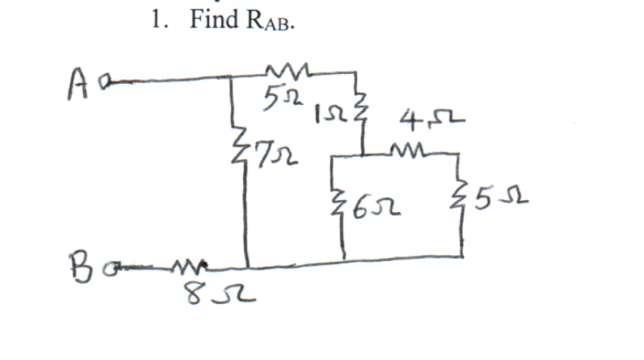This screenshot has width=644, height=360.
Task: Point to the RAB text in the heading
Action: coord(270,22)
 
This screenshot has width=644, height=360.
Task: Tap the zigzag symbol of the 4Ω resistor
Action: coord(408,151)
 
